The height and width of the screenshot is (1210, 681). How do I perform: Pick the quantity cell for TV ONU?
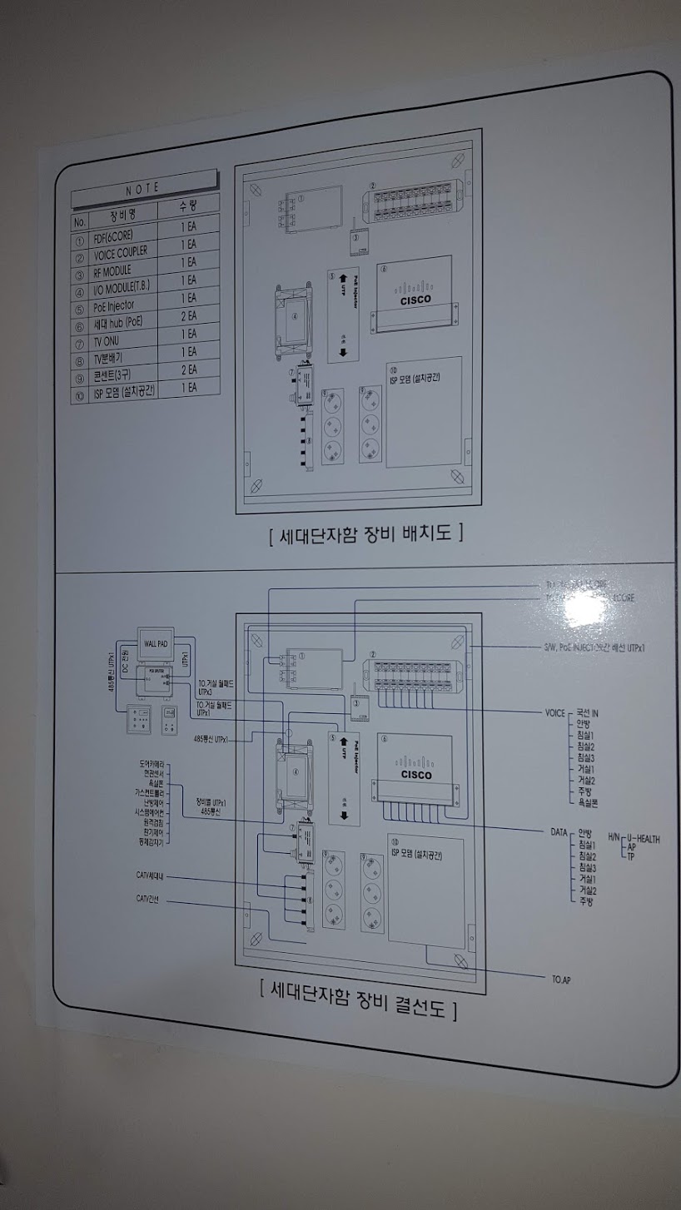[x=188, y=333]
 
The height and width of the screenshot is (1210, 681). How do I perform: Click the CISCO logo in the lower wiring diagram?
[x=416, y=776]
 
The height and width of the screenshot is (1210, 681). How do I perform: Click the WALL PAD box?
[x=156, y=643]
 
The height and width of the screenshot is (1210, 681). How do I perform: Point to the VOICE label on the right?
[x=554, y=713]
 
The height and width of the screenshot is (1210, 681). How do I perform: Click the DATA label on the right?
[x=559, y=831]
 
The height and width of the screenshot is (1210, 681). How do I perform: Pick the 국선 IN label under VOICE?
[x=588, y=713]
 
